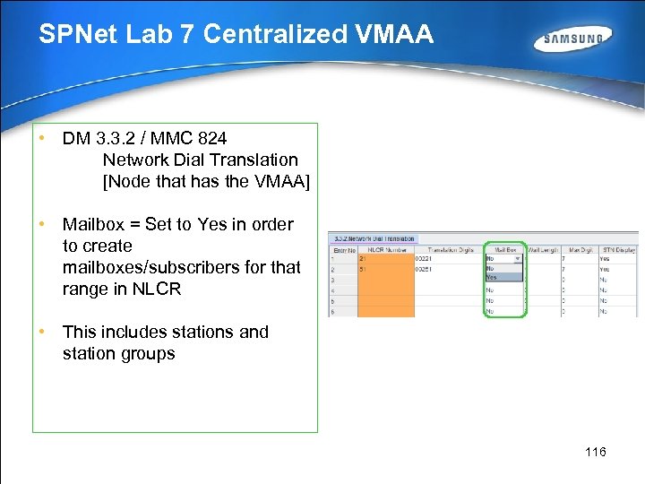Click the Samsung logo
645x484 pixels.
coord(573,39)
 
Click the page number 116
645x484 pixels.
coord(596,452)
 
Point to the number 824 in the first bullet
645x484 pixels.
coord(211,138)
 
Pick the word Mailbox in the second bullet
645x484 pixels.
coord(95,224)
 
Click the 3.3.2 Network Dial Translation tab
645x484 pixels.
coord(374,238)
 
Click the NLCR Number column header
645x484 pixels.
coord(385,249)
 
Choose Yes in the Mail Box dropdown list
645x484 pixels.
coord(492,277)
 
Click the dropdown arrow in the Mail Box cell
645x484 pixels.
coord(518,258)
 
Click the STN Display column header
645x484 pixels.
coord(620,249)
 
